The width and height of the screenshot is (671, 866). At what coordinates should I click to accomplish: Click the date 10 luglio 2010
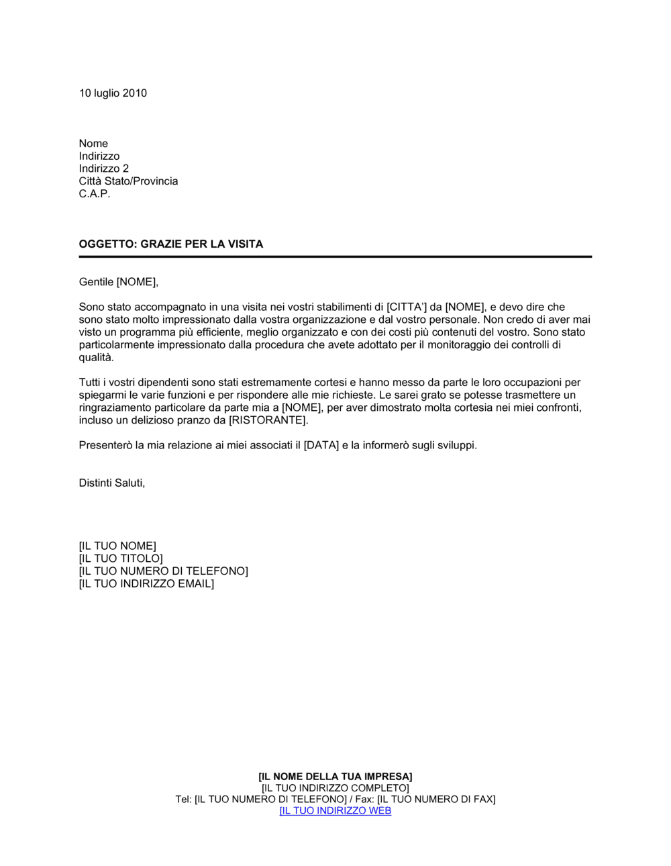pyautogui.click(x=113, y=93)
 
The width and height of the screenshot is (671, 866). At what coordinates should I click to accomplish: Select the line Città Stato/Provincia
pyautogui.click(x=128, y=181)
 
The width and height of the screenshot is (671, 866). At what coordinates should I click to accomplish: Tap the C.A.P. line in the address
pyautogui.click(x=94, y=194)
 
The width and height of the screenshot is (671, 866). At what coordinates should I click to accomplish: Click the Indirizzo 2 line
pyautogui.click(x=103, y=169)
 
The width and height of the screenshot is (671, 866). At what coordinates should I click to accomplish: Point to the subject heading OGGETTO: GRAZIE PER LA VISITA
pyautogui.click(x=170, y=244)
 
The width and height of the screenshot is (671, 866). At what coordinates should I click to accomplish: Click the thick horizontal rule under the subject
pyautogui.click(x=335, y=256)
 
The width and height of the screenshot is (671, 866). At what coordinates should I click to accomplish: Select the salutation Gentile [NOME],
pyautogui.click(x=119, y=282)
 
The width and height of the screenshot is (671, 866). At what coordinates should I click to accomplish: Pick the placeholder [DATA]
pyautogui.click(x=321, y=445)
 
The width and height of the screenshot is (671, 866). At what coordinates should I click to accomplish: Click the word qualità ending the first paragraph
pyautogui.click(x=97, y=357)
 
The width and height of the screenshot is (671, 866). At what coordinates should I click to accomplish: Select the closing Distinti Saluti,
pyautogui.click(x=111, y=483)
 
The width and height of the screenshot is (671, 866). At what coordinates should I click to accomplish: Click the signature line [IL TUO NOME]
pyautogui.click(x=117, y=546)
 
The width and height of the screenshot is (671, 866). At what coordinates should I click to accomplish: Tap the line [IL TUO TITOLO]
pyautogui.click(x=121, y=559)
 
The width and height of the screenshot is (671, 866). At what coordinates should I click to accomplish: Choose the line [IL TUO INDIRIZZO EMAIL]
pyautogui.click(x=146, y=584)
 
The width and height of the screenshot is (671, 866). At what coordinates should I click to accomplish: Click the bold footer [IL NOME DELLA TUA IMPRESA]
pyautogui.click(x=335, y=777)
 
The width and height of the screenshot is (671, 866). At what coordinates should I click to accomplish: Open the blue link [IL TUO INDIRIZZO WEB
pyautogui.click(x=335, y=811)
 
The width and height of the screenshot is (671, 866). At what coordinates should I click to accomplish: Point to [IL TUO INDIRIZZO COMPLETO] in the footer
pyautogui.click(x=335, y=788)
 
